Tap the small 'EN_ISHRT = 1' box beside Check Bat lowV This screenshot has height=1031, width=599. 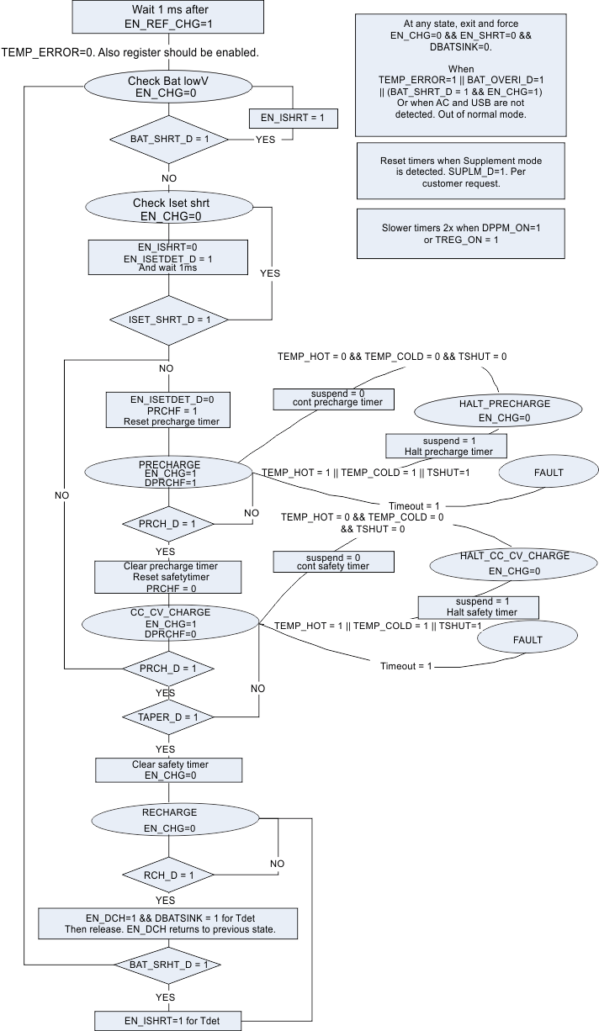293,119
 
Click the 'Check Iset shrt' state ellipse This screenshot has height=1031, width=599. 168,209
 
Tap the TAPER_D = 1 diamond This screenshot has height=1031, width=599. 167,717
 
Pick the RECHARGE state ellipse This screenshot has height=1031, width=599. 169,820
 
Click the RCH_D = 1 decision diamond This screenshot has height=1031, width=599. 168,875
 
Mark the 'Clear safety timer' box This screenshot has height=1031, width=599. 169,769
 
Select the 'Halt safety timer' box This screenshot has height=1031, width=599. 478,607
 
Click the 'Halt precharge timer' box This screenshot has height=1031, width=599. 446,446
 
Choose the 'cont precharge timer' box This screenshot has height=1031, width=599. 331,398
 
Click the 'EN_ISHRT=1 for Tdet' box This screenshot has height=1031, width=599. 169,1021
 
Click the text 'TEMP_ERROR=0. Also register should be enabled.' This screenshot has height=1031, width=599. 130,52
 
